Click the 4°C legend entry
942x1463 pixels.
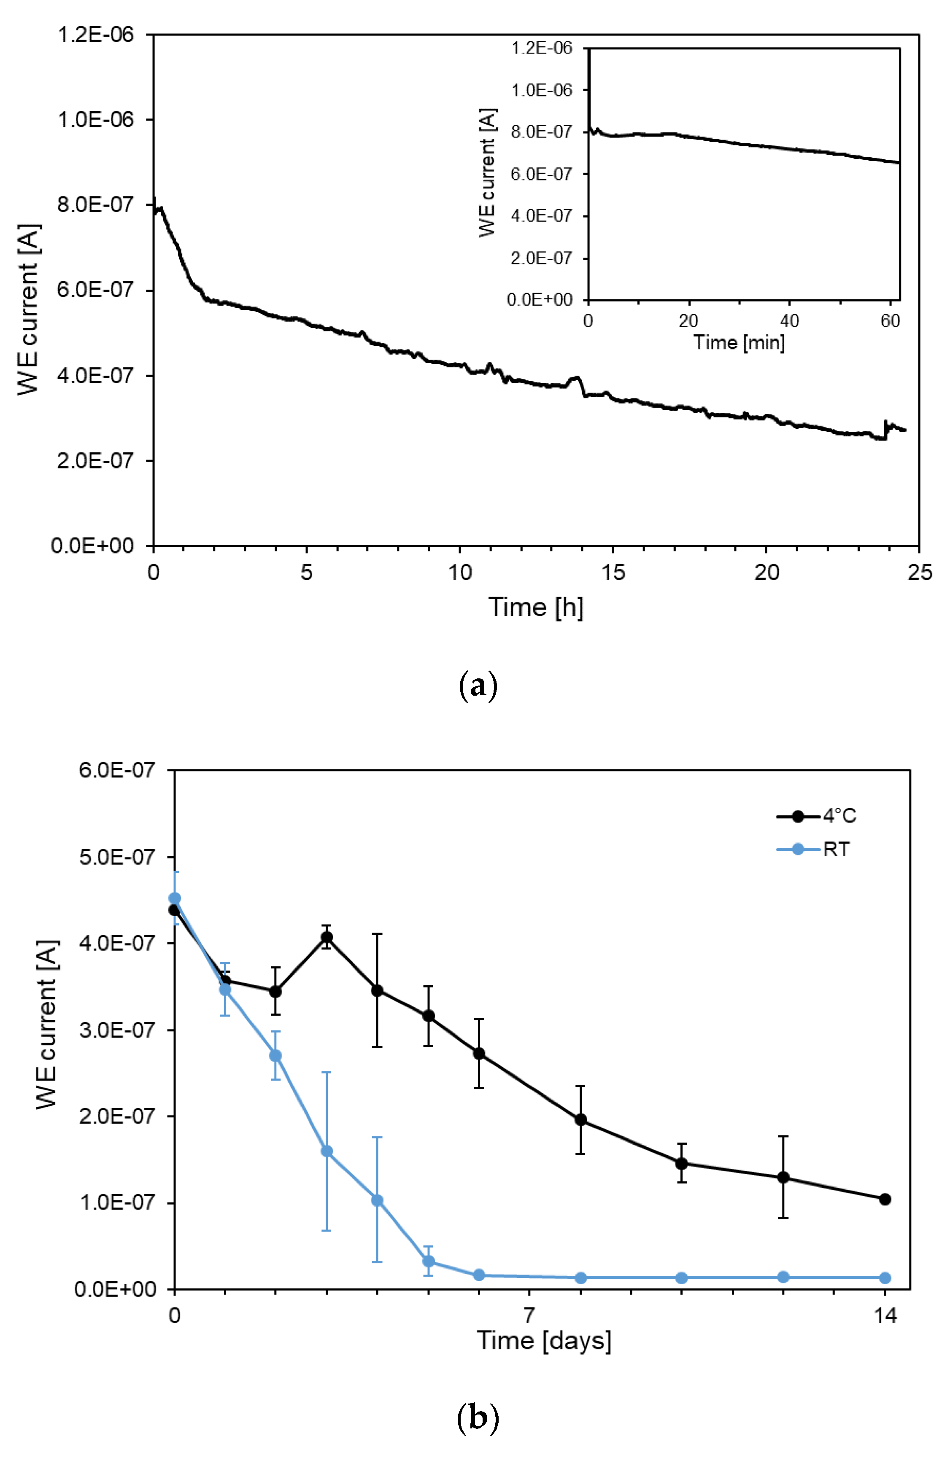tap(817, 816)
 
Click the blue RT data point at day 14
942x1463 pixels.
tap(885, 1278)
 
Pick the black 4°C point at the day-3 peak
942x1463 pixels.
tap(327, 937)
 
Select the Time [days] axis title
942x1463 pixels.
tap(544, 1341)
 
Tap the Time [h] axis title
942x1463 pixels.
tap(535, 607)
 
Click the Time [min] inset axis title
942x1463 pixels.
tap(739, 342)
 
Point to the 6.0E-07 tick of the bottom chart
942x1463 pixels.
tap(117, 770)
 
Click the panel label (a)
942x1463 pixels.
tap(478, 686)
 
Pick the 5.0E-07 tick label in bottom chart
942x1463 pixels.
tap(117, 857)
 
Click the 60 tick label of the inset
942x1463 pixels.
tap(890, 321)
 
